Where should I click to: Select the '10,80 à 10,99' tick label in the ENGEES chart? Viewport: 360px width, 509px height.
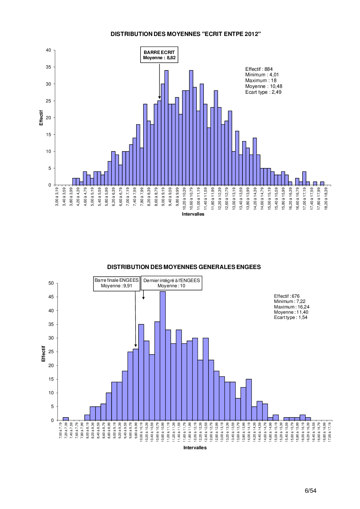point(163,432)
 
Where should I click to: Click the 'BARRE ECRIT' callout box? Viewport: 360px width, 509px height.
point(159,55)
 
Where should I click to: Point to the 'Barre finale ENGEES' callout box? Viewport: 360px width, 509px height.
point(116,283)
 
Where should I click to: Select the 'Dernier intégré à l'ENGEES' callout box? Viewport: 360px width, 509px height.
point(171,283)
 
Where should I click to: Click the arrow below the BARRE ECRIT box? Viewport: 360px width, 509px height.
point(159,81)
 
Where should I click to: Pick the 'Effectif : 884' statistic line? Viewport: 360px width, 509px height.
point(259,69)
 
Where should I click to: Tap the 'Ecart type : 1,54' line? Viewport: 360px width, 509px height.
point(291,317)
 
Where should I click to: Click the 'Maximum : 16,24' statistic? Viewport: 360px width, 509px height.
point(291,307)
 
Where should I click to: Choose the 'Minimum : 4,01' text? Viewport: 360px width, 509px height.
point(262,75)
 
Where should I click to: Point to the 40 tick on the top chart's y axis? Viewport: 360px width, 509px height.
point(48,50)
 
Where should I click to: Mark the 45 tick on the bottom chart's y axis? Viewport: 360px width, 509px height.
point(51,297)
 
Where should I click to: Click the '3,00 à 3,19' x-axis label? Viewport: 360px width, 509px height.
point(57,196)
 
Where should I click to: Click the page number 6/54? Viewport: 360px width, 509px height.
point(310,490)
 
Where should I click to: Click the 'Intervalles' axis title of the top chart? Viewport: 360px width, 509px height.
point(193,214)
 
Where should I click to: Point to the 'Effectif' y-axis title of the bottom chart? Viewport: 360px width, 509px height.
point(44,354)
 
